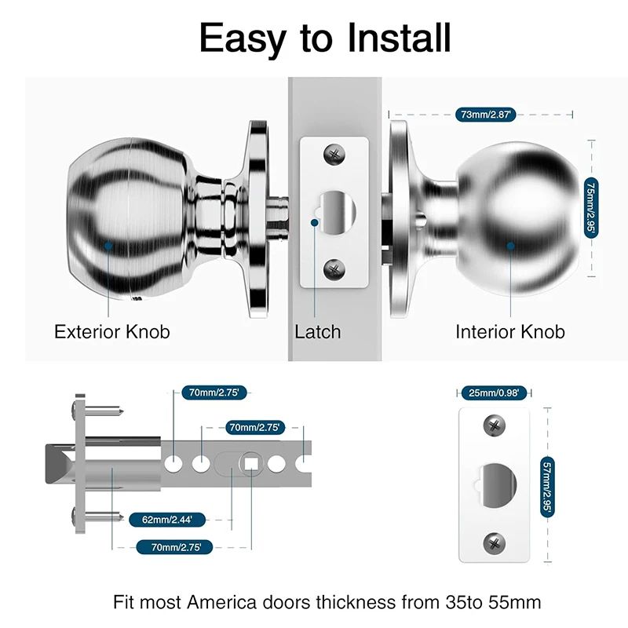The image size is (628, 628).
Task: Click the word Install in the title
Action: (x=390, y=38)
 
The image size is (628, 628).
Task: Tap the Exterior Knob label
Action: (x=111, y=331)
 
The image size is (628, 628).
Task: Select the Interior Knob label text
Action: (x=509, y=331)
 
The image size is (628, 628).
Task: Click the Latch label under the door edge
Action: (x=318, y=331)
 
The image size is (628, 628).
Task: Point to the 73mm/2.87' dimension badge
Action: (x=485, y=115)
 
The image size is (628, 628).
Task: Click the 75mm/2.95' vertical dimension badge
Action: (x=590, y=206)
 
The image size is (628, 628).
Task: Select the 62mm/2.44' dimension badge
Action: (x=162, y=519)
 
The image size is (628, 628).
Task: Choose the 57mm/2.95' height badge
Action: (x=547, y=487)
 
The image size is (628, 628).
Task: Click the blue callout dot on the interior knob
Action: (x=510, y=246)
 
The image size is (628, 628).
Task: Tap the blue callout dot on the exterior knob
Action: (x=108, y=246)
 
